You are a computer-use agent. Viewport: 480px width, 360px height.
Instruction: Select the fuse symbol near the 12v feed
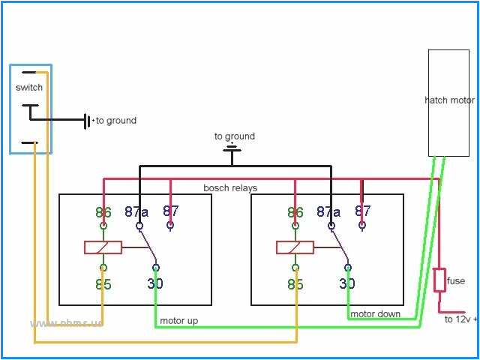click(439, 280)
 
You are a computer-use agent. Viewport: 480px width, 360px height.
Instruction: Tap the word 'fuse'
click(456, 281)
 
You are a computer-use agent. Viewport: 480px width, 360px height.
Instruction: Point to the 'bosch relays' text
click(230, 187)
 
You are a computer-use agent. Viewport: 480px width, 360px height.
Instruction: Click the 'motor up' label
click(179, 321)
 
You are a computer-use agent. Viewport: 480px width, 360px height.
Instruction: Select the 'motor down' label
click(375, 313)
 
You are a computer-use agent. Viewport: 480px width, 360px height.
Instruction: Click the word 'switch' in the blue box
click(29, 88)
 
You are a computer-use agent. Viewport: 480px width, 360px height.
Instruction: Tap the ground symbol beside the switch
click(87, 120)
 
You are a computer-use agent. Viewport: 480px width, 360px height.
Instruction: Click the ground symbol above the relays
click(233, 151)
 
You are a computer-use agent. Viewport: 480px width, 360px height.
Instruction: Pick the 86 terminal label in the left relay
click(103, 212)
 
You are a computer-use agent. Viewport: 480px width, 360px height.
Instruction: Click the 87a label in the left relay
click(136, 212)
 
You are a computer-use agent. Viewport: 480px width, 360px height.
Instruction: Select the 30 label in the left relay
click(154, 284)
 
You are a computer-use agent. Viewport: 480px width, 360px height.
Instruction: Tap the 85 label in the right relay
click(295, 284)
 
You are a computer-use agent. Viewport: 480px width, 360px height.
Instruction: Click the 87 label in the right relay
click(363, 211)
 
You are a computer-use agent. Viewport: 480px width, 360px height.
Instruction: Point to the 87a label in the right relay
click(328, 212)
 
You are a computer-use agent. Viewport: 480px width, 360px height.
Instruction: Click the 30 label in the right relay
click(346, 284)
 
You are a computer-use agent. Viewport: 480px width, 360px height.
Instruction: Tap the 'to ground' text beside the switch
click(116, 120)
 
